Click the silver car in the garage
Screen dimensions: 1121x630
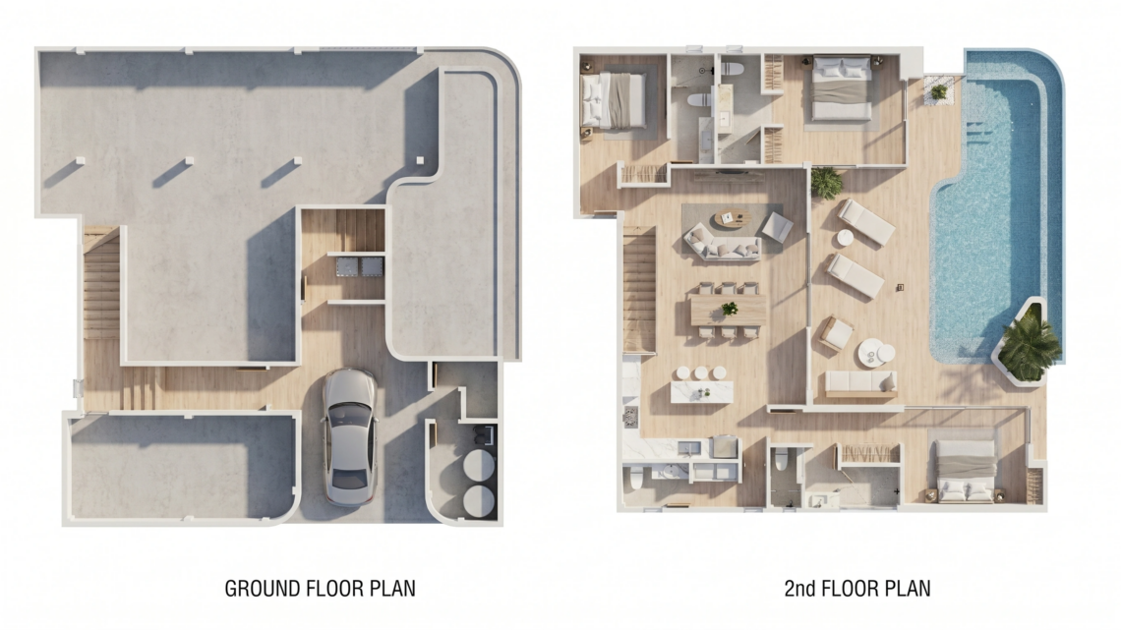[349, 437]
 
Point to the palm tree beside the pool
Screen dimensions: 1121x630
[1031, 344]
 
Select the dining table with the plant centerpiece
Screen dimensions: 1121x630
[728, 311]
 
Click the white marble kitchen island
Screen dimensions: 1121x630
[702, 392]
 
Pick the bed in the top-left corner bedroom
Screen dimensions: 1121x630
[615, 100]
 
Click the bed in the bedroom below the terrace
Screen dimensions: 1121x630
[966, 469]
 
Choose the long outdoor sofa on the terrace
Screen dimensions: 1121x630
[860, 383]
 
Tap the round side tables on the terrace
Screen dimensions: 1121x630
[876, 352]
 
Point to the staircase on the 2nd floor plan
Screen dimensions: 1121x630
[639, 289]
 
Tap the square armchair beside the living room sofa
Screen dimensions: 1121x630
[777, 227]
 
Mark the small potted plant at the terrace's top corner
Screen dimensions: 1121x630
[939, 92]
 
